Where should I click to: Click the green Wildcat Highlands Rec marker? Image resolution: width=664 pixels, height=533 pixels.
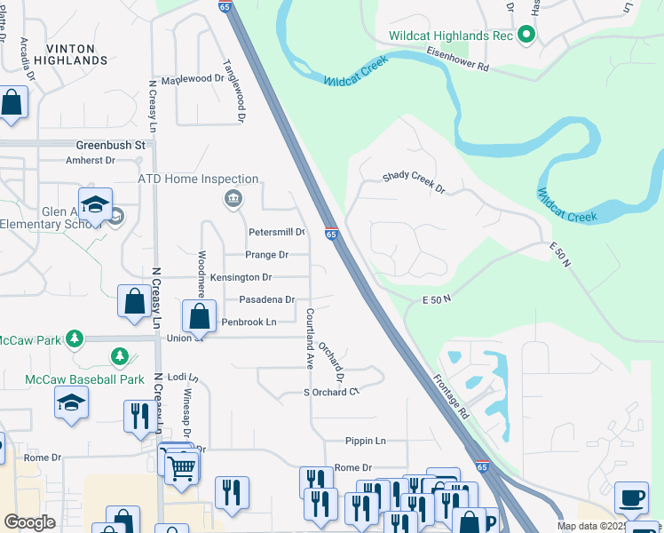[x=526, y=36]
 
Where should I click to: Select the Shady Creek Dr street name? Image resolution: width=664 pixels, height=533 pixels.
[x=413, y=177]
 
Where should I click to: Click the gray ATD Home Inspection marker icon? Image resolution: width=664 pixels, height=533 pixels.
[x=233, y=197]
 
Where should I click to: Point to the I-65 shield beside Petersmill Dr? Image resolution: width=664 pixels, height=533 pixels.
[x=330, y=234]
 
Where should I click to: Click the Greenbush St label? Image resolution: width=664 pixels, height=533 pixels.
[x=110, y=144]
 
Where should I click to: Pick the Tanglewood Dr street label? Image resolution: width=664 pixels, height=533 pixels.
[x=233, y=91]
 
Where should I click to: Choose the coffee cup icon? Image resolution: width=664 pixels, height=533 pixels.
[x=631, y=498]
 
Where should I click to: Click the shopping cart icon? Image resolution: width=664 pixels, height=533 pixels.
[x=182, y=466]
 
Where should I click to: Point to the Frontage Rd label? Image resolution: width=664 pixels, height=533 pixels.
[x=451, y=396]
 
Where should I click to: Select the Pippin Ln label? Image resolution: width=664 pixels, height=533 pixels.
[x=367, y=441]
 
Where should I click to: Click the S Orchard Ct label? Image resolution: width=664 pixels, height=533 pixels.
[x=330, y=392]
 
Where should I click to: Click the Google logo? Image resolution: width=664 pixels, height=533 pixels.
[x=30, y=522]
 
